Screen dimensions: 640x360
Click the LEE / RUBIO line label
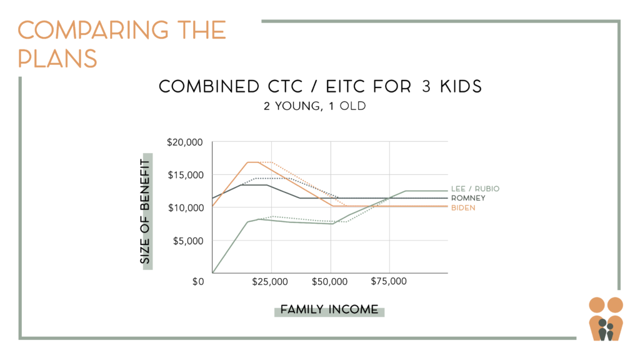coord(475,189)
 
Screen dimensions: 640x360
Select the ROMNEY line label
coord(468,198)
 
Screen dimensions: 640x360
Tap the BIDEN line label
coord(463,207)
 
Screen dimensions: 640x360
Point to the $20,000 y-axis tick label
coord(184,142)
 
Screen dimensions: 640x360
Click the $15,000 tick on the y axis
coord(186,175)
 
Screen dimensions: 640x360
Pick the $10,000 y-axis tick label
coord(186,207)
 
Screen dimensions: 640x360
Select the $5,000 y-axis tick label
coord(188,241)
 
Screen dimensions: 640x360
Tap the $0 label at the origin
coord(198,282)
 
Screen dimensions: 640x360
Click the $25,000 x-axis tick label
coord(270,282)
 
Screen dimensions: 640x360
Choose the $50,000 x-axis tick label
coord(329,282)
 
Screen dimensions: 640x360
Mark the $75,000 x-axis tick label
coord(389,281)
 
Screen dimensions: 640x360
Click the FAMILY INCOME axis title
coord(329,309)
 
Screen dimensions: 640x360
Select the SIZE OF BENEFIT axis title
coord(145,211)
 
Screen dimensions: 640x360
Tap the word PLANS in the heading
coord(57,58)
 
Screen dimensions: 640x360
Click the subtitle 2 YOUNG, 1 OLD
coord(315,106)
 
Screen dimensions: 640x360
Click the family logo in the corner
coord(606,319)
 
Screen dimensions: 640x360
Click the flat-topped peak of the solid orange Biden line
coord(253,162)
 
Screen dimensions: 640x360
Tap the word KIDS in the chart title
coord(461,86)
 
